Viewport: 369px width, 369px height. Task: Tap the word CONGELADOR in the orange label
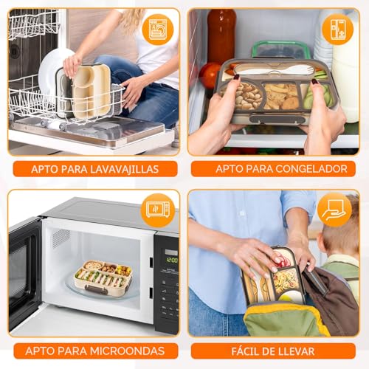311,169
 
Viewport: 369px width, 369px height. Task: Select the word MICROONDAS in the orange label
127,351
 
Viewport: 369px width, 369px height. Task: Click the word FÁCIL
244,351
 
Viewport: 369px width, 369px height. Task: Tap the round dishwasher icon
159,30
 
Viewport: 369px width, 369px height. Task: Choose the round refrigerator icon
338,30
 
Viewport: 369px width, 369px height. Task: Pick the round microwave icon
158,210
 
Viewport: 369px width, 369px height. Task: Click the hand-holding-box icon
334,210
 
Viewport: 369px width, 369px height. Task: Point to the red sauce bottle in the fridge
221,34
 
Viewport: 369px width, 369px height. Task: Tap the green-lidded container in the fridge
281,49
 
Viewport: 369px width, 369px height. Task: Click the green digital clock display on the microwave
172,260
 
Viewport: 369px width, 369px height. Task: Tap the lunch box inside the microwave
103,277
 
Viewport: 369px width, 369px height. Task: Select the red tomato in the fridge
210,75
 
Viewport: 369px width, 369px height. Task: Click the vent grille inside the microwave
61,238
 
